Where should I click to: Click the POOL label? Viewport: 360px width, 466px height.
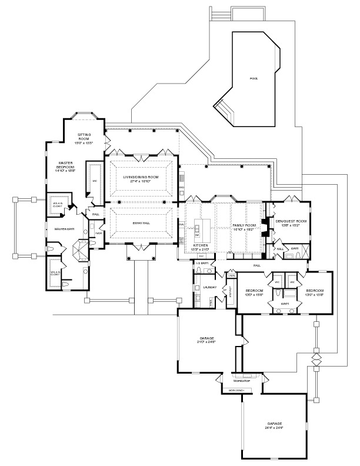[254, 78]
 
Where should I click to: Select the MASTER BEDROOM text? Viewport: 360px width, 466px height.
[65, 165]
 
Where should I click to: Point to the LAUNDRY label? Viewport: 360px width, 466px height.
[208, 288]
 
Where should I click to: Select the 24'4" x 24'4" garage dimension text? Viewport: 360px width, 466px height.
[274, 428]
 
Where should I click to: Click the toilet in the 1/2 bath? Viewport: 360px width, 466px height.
[200, 270]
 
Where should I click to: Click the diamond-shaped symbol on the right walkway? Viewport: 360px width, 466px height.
[315, 358]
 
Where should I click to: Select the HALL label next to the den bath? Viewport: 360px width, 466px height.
[280, 249]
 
